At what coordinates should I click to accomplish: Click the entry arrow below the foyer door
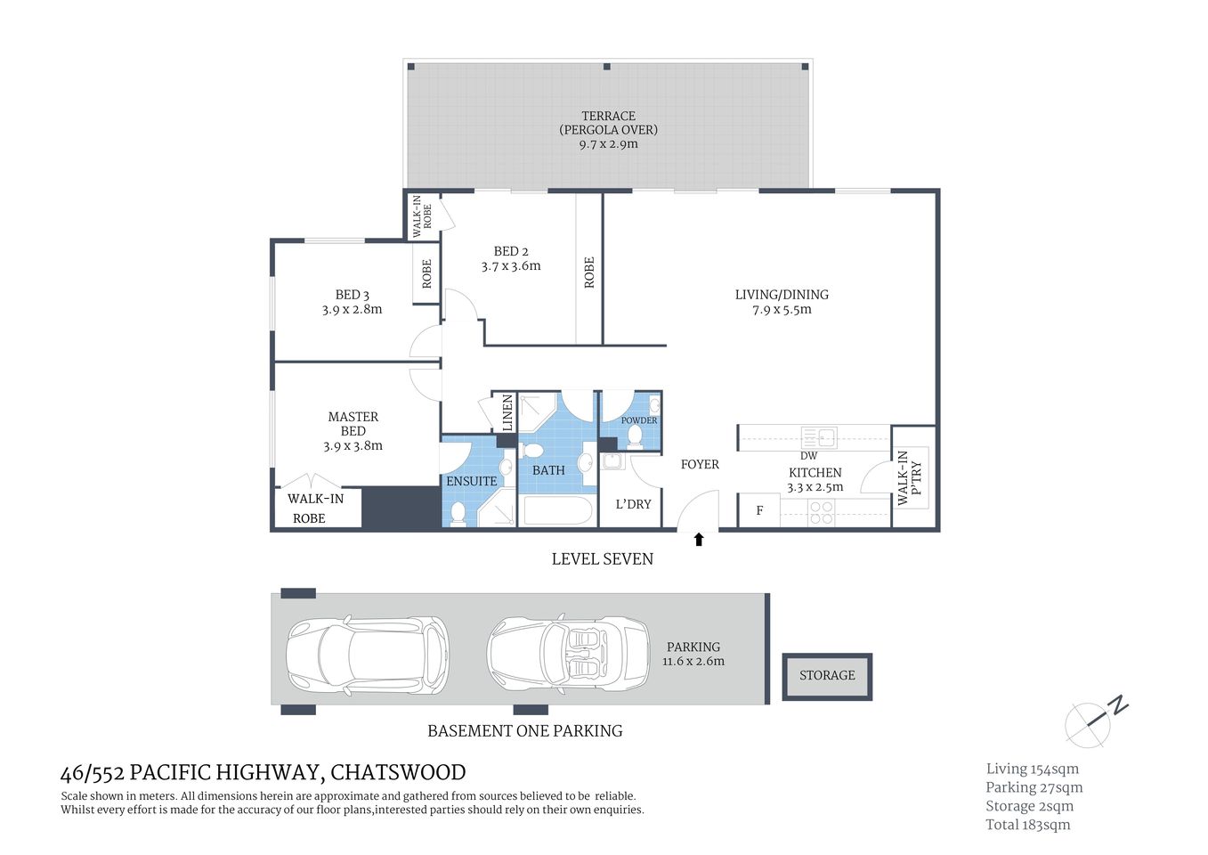699,539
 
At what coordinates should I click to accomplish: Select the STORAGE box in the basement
827,676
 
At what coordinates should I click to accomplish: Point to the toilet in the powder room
635,436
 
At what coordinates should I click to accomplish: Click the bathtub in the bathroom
557,511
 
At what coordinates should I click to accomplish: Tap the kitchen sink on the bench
819,437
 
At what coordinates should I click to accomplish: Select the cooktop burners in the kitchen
821,512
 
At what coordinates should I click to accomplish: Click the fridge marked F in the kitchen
759,511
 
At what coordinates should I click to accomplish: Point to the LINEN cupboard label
507,413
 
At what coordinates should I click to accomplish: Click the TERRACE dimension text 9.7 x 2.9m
608,144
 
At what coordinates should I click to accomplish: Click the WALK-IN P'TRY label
910,478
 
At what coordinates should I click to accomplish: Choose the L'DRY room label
633,504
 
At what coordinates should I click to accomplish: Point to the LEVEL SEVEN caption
602,559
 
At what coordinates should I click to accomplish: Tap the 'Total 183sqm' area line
1027,825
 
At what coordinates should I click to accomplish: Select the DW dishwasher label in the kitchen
808,456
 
